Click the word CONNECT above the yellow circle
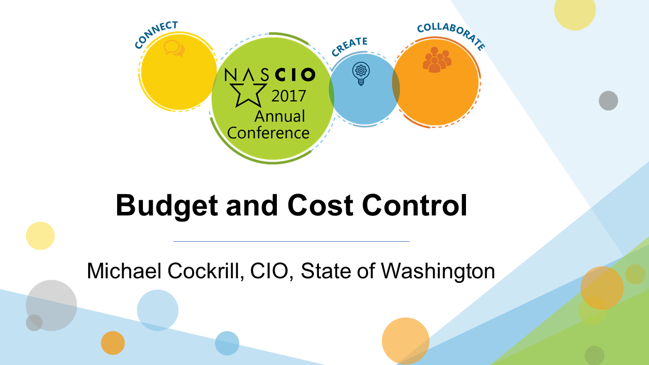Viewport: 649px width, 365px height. pyautogui.click(x=156, y=33)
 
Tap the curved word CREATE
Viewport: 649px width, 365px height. pyautogui.click(x=349, y=46)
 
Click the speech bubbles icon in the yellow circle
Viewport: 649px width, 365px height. pyautogui.click(x=174, y=48)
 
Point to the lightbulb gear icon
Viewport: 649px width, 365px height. pyautogui.click(x=361, y=74)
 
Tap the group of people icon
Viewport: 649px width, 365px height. pyautogui.click(x=437, y=60)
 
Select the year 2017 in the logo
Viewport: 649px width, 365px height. pyautogui.click(x=289, y=96)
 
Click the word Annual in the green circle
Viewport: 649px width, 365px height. pyautogui.click(x=279, y=116)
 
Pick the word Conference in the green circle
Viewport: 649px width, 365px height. pyautogui.click(x=268, y=133)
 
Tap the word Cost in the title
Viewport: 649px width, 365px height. pyautogui.click(x=320, y=205)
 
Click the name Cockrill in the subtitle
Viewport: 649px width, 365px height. pyautogui.click(x=206, y=271)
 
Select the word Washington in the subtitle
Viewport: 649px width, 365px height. pyautogui.click(x=438, y=272)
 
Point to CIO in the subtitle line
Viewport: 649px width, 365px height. pyautogui.click(x=271, y=271)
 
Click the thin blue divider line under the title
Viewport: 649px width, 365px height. pyautogui.click(x=292, y=241)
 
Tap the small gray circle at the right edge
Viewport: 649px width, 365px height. pyautogui.click(x=608, y=100)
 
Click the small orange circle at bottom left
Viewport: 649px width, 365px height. pyautogui.click(x=113, y=343)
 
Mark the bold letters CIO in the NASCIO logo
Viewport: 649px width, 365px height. pyautogui.click(x=295, y=75)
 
